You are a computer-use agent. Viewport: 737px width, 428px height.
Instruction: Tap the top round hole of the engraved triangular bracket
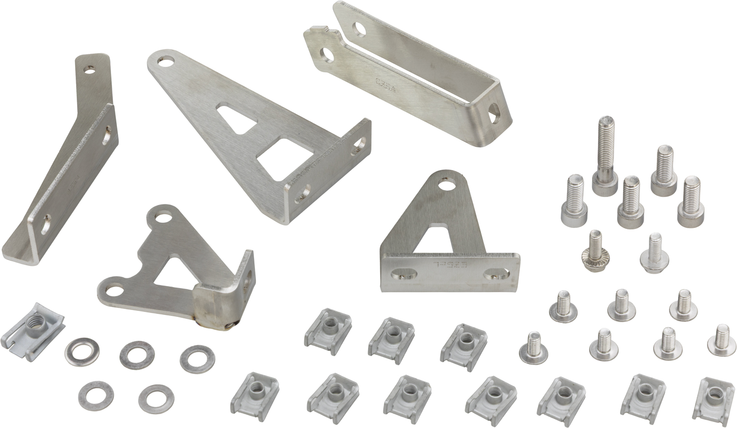click(447, 185)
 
